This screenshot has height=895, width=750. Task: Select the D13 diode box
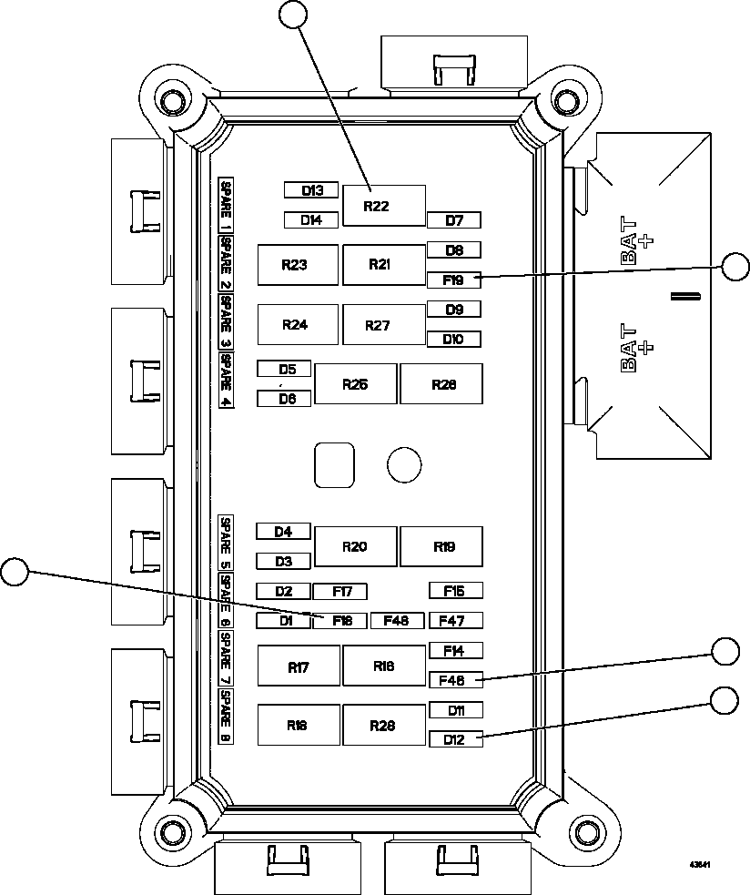coord(311,190)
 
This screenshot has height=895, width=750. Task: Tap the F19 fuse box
coord(453,280)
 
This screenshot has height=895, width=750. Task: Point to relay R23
coord(298,265)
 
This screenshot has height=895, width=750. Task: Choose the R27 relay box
coord(383,325)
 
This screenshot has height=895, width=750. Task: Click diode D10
coord(453,340)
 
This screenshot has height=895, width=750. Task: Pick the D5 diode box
coord(284,369)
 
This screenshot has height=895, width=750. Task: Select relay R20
coord(355,546)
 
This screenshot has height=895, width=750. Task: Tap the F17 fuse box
coord(340,592)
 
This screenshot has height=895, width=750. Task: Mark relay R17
coord(299,666)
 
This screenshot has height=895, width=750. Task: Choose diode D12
coord(455,739)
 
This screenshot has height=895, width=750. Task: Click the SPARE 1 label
coord(226,205)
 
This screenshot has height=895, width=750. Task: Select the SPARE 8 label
coord(226,717)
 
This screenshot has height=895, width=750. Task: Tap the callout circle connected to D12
coord(725,699)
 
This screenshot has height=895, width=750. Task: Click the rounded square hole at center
coord(334,464)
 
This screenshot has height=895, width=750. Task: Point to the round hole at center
coord(404,464)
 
